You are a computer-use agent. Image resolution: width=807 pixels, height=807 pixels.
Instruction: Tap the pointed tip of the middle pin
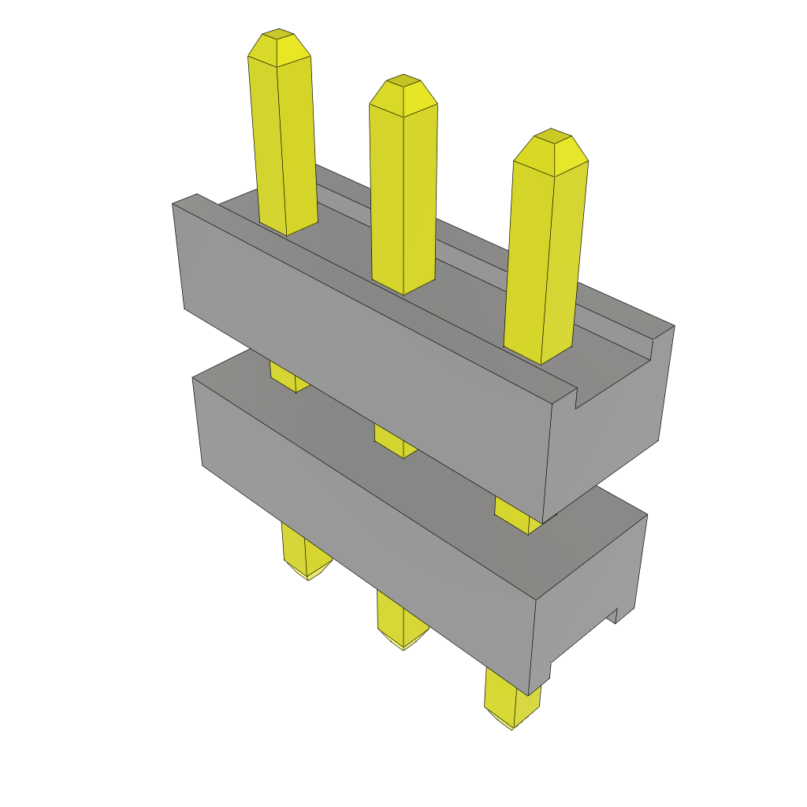(x=403, y=91)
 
